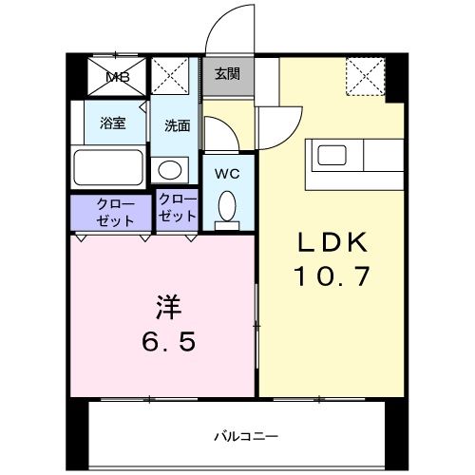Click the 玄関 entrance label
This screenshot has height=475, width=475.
[x=226, y=74]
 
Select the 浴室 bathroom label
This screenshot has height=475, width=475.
[x=113, y=123]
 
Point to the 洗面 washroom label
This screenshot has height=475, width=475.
[x=176, y=123]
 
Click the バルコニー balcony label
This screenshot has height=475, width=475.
[x=244, y=436]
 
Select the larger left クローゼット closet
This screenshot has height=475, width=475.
[x=111, y=211]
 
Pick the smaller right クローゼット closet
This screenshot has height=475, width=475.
[x=177, y=209]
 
